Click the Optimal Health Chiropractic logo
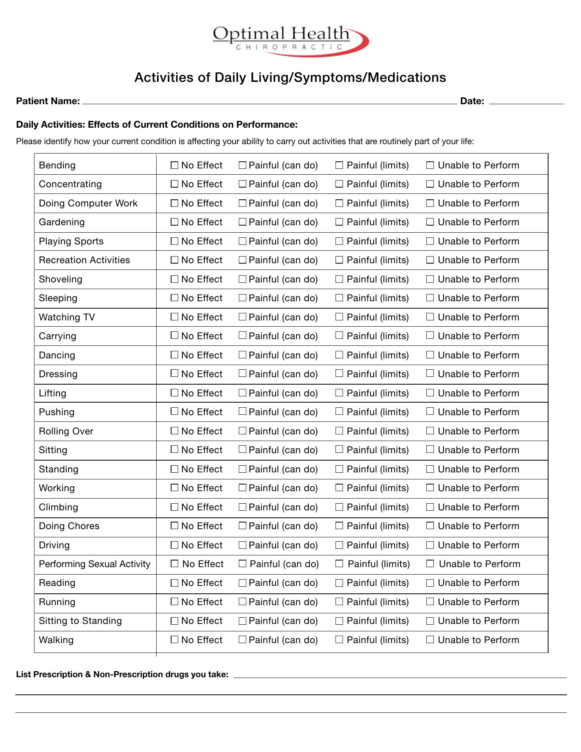pyautogui.click(x=290, y=40)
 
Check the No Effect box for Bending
pyautogui.click(x=175, y=165)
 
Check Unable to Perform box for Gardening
pyautogui.click(x=430, y=222)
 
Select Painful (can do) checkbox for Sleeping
pyautogui.click(x=242, y=298)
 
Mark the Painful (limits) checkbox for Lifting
pyautogui.click(x=339, y=393)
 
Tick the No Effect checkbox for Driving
pyautogui.click(x=175, y=545)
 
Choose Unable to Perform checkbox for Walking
pyautogui.click(x=430, y=640)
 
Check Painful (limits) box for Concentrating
pyautogui.click(x=339, y=184)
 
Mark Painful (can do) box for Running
pyautogui.click(x=242, y=602)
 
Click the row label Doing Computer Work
pyautogui.click(x=88, y=203)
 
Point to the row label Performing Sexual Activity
pyautogui.click(x=94, y=564)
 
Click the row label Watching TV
pyautogui.click(x=67, y=317)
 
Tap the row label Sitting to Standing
pyautogui.click(x=80, y=621)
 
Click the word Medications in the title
pyautogui.click(x=407, y=78)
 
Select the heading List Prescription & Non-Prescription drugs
pyautogui.click(x=122, y=674)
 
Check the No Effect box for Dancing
pyautogui.click(x=175, y=355)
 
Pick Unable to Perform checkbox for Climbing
pyautogui.click(x=430, y=507)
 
